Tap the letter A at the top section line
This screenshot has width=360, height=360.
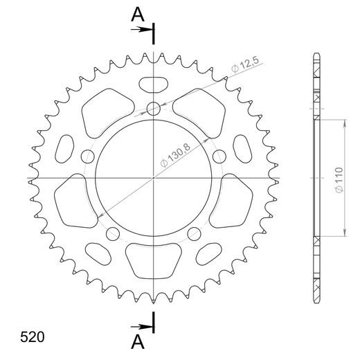coord(138,13)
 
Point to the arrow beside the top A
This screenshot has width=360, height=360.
coord(144,30)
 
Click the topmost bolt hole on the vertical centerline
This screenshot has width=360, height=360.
coord(153,107)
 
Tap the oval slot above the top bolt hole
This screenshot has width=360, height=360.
coord(153,85)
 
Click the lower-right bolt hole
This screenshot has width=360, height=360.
coord(194,233)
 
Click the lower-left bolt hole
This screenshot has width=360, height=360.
coord(112,233)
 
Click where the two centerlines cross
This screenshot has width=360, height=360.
coord(153,179)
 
